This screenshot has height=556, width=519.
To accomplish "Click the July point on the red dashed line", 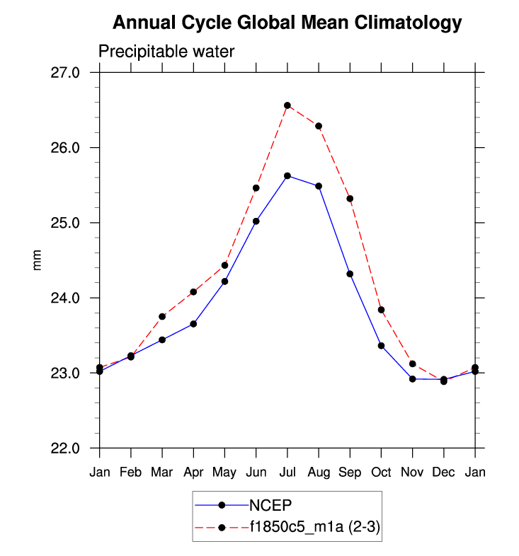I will [287, 105].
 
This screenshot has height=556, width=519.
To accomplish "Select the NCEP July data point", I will [287, 175].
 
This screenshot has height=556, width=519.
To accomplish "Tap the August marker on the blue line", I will [319, 186].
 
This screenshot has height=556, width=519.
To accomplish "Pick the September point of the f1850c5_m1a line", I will [350, 199].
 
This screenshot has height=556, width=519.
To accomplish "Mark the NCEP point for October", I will [381, 346].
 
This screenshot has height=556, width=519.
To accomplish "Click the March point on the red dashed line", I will [162, 316].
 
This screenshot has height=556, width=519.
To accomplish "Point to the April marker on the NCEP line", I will [193, 324].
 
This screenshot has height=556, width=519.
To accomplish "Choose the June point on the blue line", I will [256, 221].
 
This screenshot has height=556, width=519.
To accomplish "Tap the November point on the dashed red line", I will [413, 364].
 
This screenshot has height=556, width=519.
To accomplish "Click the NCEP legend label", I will [270, 505].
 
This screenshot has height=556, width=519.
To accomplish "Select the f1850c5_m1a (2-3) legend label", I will [312, 527].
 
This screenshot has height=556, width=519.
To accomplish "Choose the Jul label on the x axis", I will [287, 471].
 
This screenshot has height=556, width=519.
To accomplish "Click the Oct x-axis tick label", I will [381, 471].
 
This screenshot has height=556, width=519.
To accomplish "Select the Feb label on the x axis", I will [131, 471].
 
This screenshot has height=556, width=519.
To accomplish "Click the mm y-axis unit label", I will [38, 260].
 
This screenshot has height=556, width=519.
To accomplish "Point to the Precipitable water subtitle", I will [166, 52].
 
